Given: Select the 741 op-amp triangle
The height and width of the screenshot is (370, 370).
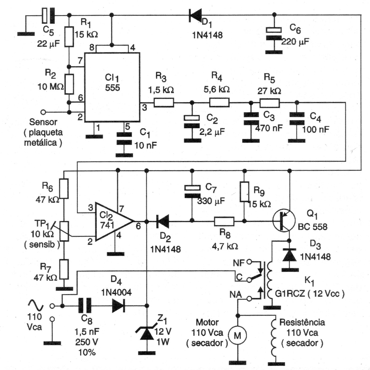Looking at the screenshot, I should tap(112, 221).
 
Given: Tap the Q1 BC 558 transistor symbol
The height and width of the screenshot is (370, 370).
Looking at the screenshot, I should tap(284, 221).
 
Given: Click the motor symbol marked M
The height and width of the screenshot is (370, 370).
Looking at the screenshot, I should tap(237, 336).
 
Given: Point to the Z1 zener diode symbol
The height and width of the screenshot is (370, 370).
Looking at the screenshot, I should tap(147, 333).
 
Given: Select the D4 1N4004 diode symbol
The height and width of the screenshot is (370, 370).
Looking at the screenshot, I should tap(118, 306).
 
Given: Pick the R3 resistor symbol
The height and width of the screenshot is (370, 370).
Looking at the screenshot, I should tap(164, 102).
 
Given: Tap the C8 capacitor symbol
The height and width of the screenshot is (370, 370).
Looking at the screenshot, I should tap(85, 306).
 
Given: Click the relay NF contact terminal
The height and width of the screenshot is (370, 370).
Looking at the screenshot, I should tap(249, 262).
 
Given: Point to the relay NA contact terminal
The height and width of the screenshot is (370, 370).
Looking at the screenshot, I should tap(249, 299).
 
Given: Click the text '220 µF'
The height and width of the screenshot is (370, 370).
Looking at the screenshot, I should tap(295, 42).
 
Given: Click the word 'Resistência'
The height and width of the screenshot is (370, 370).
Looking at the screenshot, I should tap(302, 322).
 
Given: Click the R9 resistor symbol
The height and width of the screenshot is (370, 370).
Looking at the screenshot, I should tap(244, 192).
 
